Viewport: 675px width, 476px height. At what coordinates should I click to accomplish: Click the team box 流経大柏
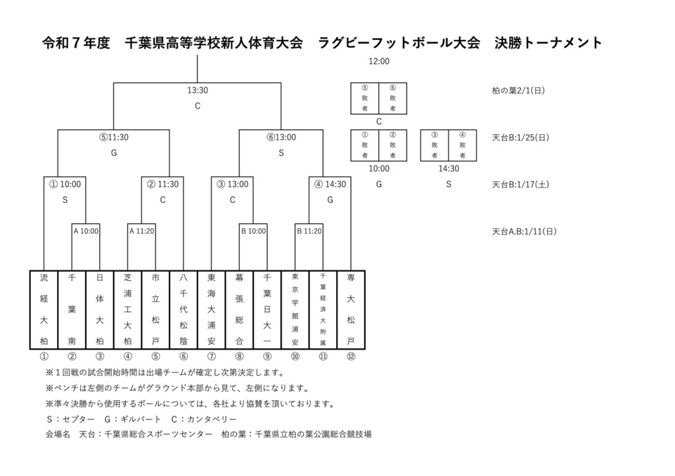(x=44, y=310)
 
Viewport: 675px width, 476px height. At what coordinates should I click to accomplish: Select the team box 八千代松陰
(x=184, y=310)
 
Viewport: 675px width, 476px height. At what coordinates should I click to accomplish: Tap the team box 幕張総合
(x=239, y=310)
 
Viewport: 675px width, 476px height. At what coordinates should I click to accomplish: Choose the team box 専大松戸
(x=351, y=310)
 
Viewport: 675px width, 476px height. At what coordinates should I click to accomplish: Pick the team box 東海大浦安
(x=212, y=310)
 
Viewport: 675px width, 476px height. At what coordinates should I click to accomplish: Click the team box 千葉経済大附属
(x=323, y=310)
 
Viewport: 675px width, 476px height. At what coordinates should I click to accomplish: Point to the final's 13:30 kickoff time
(x=198, y=90)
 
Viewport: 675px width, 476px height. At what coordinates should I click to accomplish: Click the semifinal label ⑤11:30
(x=113, y=137)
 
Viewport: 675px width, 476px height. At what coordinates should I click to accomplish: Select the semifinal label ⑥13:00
(x=281, y=137)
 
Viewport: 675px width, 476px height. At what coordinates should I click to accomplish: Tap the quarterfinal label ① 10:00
(x=65, y=184)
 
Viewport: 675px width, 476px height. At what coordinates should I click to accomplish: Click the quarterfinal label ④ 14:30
(x=329, y=184)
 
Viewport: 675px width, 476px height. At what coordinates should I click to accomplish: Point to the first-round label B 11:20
(x=309, y=230)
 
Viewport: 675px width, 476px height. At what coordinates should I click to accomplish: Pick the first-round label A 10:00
(x=86, y=230)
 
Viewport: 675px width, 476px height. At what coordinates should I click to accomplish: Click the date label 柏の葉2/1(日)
(x=519, y=91)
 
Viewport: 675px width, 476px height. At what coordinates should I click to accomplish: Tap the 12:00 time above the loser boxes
(x=379, y=61)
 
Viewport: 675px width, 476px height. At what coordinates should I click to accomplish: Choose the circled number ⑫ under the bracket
(x=351, y=356)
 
